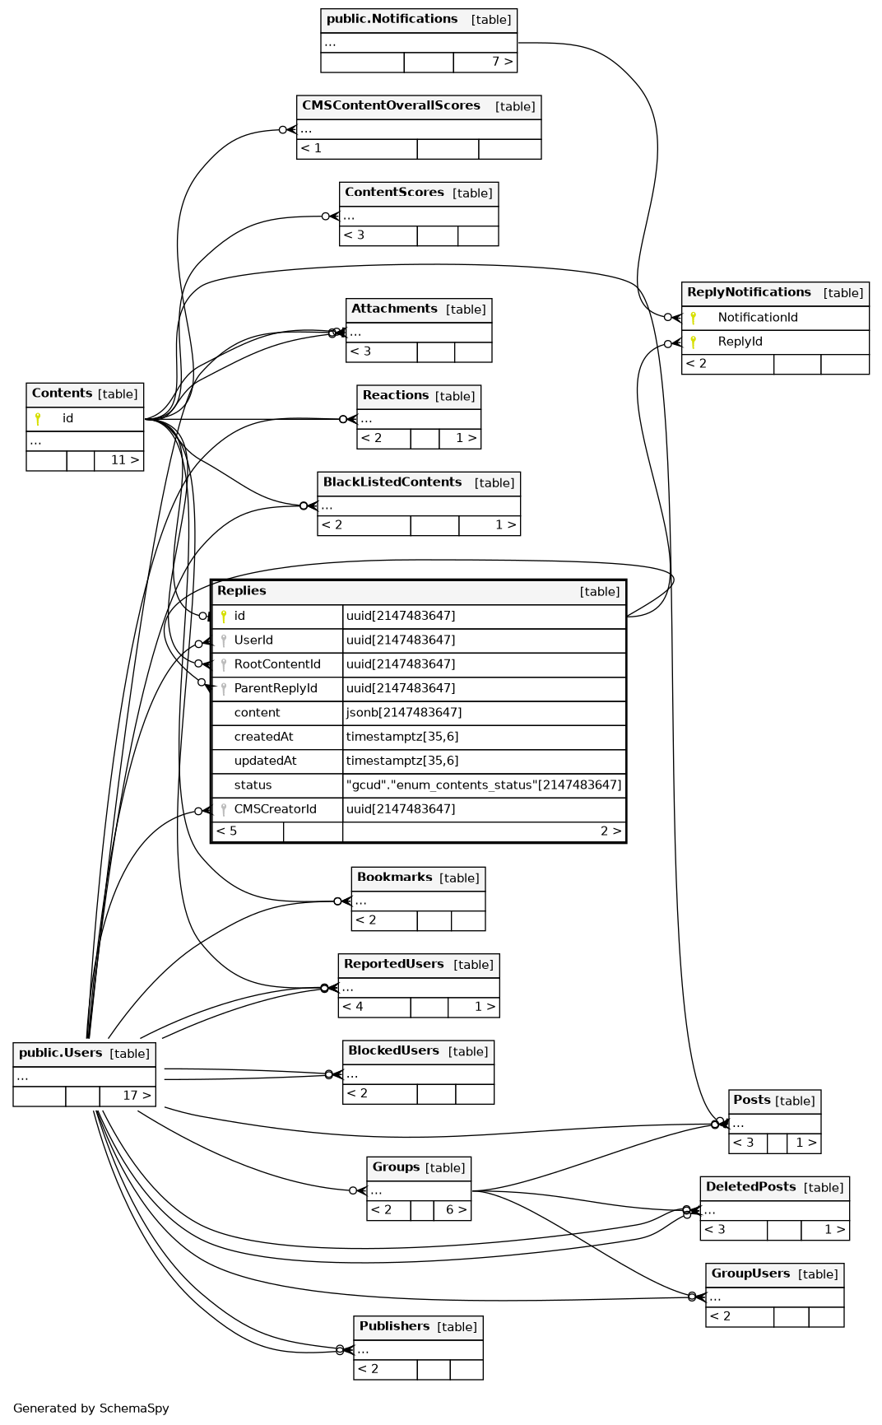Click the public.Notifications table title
click(x=392, y=19)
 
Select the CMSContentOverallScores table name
click(x=391, y=105)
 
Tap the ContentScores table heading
click(x=394, y=192)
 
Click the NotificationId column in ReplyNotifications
click(x=757, y=318)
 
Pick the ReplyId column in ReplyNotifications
click(x=740, y=342)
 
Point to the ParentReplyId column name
click(x=275, y=688)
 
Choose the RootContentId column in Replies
click(x=276, y=664)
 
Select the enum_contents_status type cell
click(x=483, y=785)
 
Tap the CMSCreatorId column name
click(x=275, y=809)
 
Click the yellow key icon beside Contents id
click(x=38, y=419)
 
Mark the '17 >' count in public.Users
click(x=137, y=1096)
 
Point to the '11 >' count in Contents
click(x=125, y=460)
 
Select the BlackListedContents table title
click(x=392, y=482)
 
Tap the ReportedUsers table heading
click(x=393, y=964)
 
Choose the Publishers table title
click(x=394, y=1326)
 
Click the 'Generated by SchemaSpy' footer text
click(x=91, y=1409)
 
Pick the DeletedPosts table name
click(x=750, y=1187)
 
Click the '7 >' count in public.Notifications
click(x=502, y=62)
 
